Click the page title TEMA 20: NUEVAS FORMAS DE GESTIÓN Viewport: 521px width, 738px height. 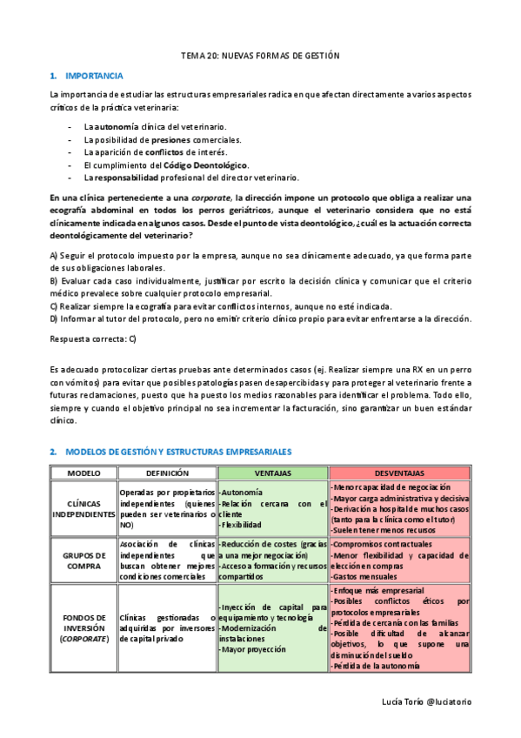(259, 56)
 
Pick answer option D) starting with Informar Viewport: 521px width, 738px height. (261, 318)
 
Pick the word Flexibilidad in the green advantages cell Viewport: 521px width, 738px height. (243, 525)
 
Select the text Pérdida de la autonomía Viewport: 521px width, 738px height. (377, 666)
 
